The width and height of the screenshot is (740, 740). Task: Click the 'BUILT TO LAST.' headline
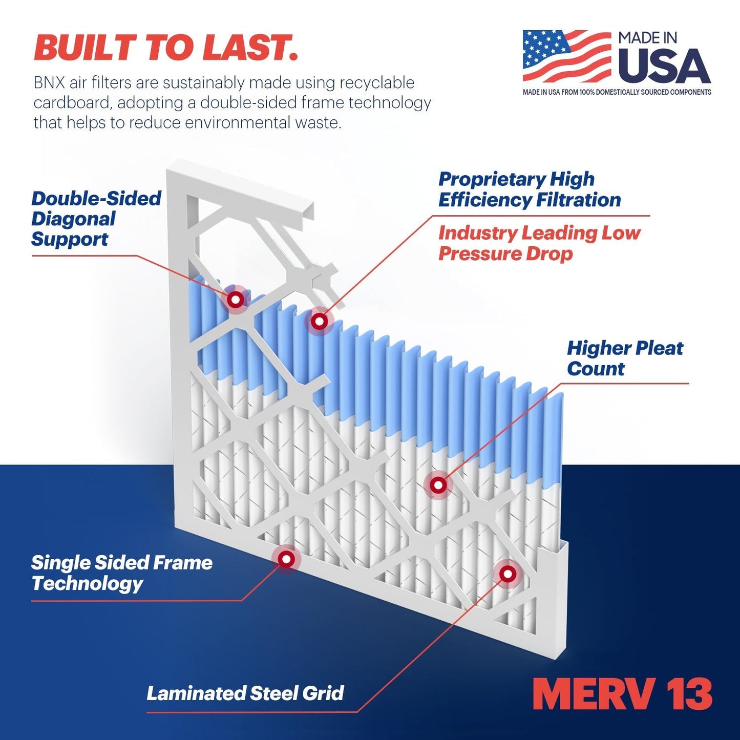click(x=165, y=48)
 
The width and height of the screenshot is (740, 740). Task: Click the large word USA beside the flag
click(x=664, y=67)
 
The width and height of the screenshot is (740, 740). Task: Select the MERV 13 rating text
click(x=622, y=694)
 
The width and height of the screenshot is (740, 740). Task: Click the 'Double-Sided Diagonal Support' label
click(x=96, y=219)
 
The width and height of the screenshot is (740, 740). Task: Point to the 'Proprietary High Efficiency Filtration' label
click(x=529, y=189)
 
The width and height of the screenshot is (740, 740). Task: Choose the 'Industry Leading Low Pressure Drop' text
click(x=539, y=243)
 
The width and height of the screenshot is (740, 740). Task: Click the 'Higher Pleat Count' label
click(x=624, y=358)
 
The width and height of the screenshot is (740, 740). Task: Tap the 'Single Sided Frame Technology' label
click(x=121, y=573)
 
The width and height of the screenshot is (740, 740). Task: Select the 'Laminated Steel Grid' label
click(x=245, y=693)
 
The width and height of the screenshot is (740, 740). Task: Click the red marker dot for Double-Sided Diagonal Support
click(x=236, y=300)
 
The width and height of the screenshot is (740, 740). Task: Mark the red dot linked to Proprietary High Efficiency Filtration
click(x=320, y=322)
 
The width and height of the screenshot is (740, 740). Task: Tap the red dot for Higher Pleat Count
click(x=438, y=484)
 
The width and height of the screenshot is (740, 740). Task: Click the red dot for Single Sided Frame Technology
click(x=286, y=559)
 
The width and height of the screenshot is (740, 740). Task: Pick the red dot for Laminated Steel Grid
click(x=508, y=574)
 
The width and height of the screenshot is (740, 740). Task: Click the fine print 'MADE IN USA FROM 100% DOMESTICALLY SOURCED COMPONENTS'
click(x=617, y=92)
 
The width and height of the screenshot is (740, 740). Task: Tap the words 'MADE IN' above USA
click(x=647, y=38)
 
